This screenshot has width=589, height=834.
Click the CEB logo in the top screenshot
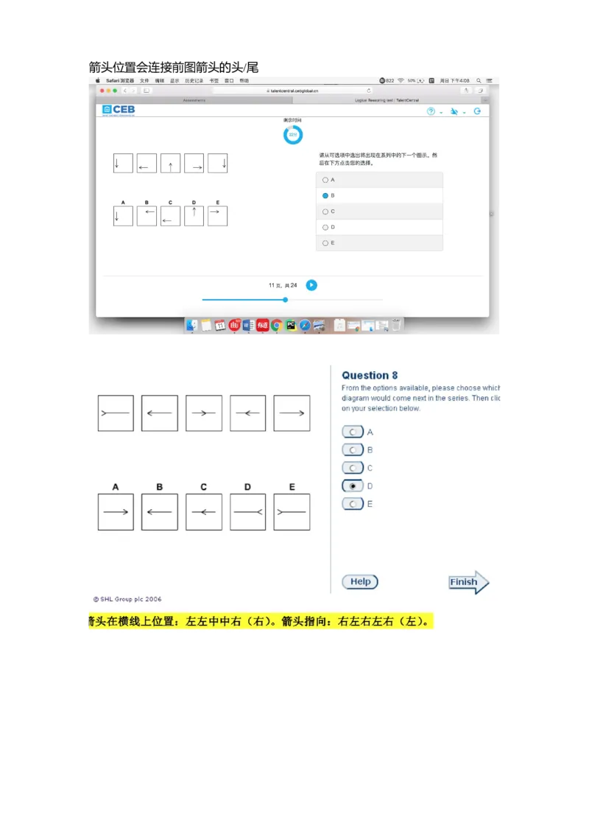pos(119,110)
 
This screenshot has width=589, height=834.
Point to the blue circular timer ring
pos(293,135)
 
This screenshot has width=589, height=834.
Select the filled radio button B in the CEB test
pos(325,196)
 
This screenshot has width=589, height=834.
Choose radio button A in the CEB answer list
pos(325,180)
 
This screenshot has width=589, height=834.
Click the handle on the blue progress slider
pos(286,300)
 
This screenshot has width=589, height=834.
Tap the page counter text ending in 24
pos(283,285)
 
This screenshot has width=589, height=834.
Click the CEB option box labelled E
pos(217,216)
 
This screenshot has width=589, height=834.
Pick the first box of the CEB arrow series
pos(123,164)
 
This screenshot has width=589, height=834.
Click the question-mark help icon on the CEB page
pos(431,111)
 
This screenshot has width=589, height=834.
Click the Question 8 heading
pos(370,375)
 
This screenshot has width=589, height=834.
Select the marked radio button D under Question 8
pos(353,486)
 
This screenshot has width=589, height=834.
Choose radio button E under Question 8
pos(353,504)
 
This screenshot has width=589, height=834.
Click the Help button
pos(360,582)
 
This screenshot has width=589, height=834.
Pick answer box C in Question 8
pos(204,512)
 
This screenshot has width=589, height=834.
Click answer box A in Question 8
pos(116,512)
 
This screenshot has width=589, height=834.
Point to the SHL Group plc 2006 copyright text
pos(127,600)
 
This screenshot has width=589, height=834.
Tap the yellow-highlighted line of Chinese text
pos(261,622)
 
